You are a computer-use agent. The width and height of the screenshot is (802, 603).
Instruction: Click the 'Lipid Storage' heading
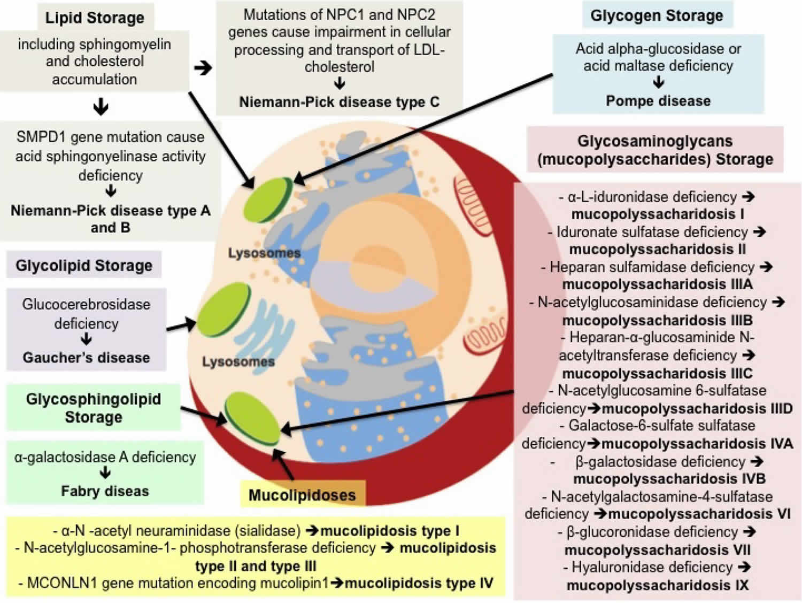95,18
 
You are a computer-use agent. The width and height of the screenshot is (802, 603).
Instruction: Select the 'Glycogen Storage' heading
657,16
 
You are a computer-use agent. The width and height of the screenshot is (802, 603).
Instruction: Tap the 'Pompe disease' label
658,100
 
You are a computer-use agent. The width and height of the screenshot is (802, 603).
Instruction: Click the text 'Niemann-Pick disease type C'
339,102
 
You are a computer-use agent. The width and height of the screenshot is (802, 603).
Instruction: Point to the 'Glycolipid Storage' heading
84,265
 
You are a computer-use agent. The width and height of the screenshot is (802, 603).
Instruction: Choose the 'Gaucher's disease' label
86,357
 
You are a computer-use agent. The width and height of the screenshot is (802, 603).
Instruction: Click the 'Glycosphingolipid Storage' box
94,408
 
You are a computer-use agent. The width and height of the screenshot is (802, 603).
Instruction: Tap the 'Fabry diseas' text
105,491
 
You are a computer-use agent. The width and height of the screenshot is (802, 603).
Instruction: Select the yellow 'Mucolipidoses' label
302,494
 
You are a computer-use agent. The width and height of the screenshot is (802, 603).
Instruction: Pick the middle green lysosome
223,307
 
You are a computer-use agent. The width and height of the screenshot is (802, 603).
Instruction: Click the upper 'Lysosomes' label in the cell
264,252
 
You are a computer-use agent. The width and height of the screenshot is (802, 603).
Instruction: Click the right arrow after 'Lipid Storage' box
203,68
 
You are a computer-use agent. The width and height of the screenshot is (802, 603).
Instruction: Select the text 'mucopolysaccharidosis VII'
657,550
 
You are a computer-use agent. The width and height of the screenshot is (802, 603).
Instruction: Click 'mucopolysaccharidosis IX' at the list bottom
657,585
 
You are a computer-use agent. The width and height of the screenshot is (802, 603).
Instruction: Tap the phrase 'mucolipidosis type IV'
419,583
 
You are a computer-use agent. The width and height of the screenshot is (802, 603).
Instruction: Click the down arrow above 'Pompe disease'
659,82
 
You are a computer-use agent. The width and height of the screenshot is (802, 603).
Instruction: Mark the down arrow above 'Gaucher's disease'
86,339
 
